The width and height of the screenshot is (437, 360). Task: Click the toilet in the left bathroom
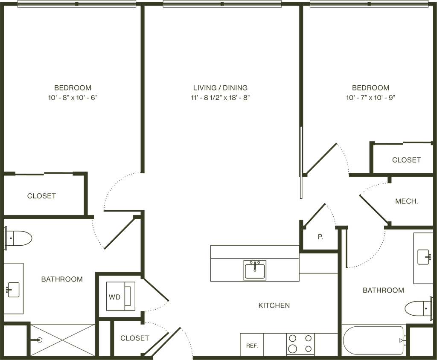[19, 238]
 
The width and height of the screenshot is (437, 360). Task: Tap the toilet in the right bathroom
[417, 308]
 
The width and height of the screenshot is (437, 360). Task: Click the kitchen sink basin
[255, 270]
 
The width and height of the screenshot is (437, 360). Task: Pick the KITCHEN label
[274, 305]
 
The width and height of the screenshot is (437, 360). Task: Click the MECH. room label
[406, 201]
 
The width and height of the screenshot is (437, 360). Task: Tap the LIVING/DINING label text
[221, 88]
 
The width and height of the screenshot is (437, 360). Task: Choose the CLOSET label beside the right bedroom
[406, 160]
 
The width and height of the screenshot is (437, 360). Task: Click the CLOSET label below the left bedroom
[41, 196]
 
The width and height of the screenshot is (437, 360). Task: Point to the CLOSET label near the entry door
[134, 339]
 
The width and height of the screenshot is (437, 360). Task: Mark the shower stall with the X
[60, 340]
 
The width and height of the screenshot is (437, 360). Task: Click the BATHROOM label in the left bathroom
[62, 279]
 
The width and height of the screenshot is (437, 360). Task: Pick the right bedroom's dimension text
[370, 97]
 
